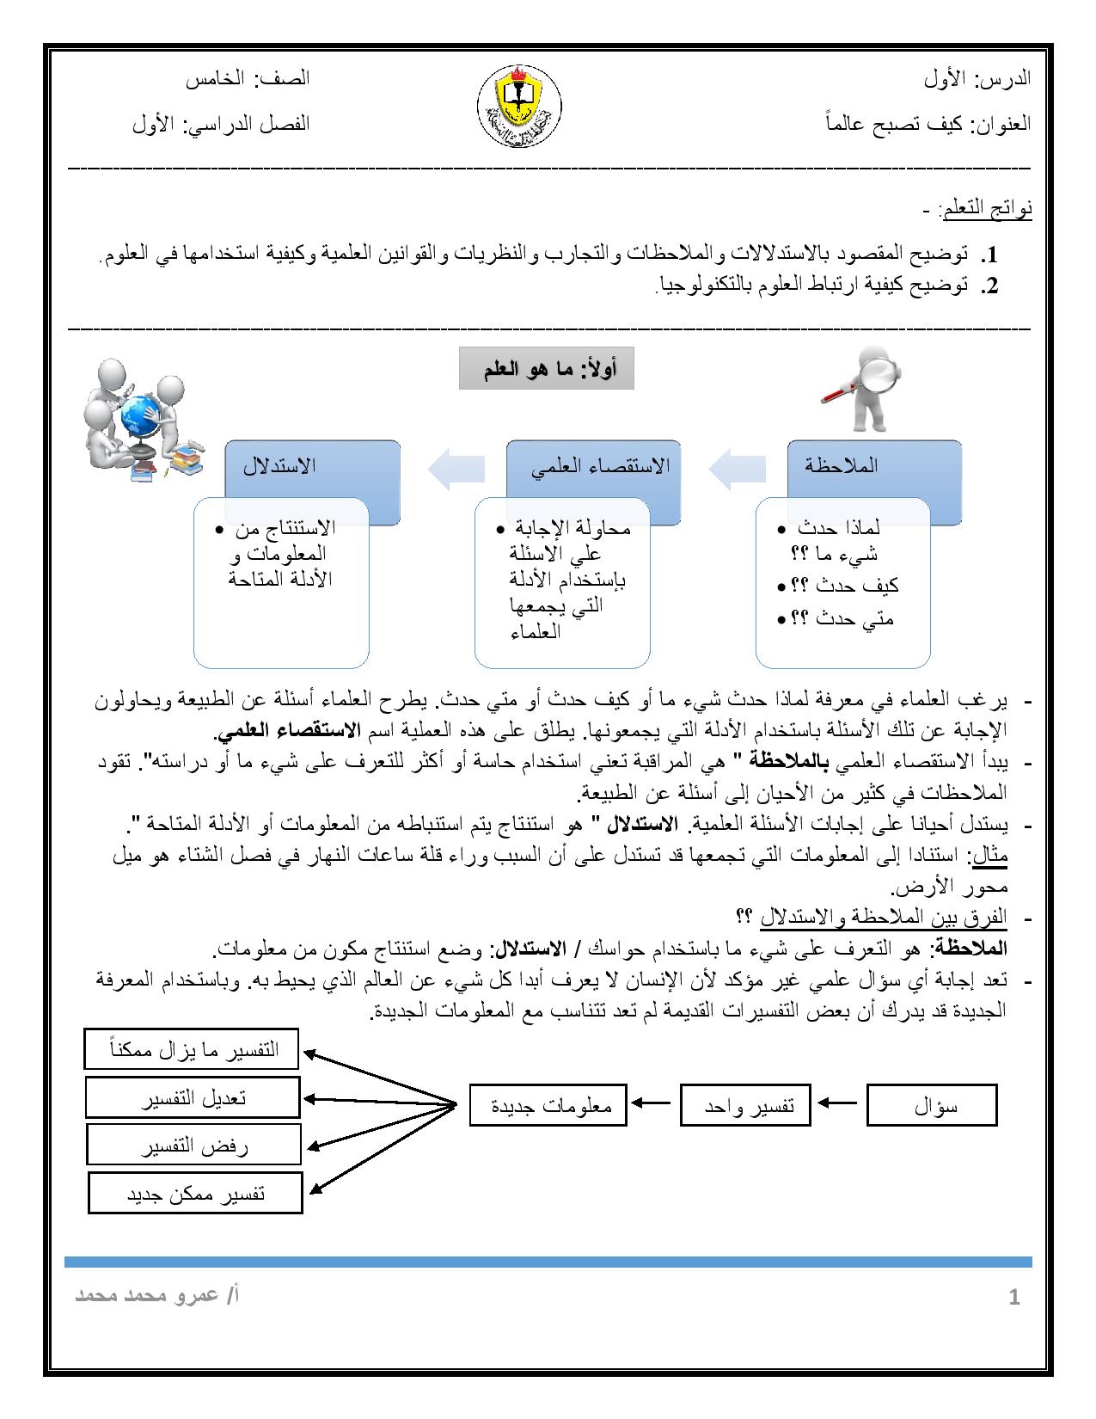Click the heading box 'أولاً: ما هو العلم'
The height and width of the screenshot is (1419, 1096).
coord(546,369)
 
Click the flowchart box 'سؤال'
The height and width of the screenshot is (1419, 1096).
coord(932,1106)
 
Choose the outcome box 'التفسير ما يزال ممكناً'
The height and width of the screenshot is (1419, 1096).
coord(192,1050)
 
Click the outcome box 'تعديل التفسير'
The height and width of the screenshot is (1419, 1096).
coord(193,1098)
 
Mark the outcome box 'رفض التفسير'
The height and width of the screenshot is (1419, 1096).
coord(193,1146)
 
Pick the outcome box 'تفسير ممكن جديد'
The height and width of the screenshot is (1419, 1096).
coord(195,1194)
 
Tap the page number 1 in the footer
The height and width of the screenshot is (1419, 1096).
coord(1014,1298)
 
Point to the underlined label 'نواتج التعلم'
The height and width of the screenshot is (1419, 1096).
coord(985,208)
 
